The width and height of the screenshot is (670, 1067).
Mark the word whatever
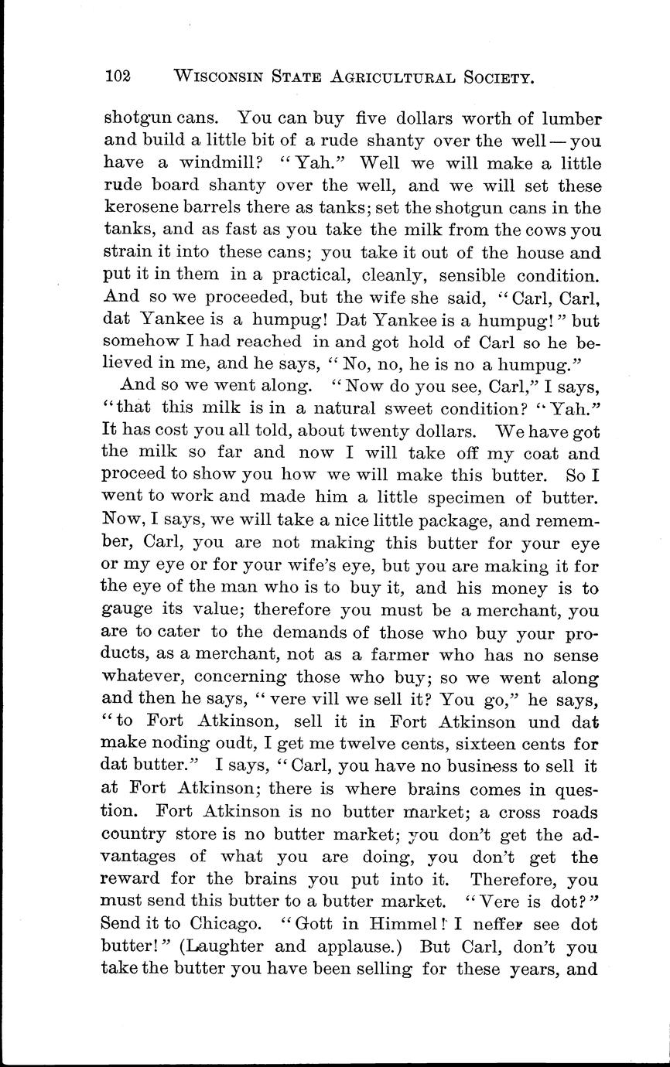point(142,678)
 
